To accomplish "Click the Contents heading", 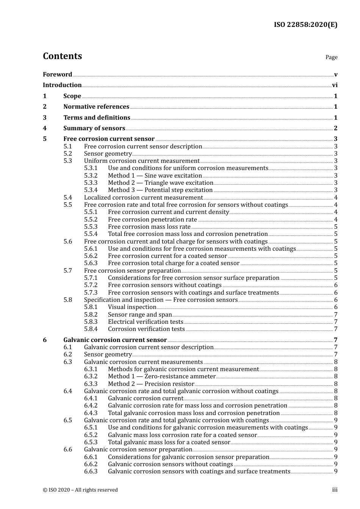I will coord(62,56).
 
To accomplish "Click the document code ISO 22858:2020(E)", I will coord(305,25).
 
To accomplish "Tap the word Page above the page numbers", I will coord(331,57).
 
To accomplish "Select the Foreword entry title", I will coord(57,75).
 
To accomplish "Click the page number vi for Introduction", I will coord(335,85).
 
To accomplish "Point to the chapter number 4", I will coord(45,128).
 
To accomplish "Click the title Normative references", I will coord(96,107).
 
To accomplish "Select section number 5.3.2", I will coord(91,176).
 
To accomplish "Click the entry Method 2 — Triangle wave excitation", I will coord(160,183).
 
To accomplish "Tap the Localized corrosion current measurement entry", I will coord(143,198).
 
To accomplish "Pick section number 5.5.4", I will coord(91,234).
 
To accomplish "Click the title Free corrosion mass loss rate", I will coord(149,227).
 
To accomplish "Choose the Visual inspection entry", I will coord(132,307).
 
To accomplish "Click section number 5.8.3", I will coord(91,322).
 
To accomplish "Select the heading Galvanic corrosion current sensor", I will coord(115,340).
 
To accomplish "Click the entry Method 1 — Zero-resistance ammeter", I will coord(161,376).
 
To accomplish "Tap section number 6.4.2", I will coord(91,406).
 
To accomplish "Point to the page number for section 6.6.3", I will coord(336,472).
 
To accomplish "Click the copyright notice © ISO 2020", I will coord(80,490).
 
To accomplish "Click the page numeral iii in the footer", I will coord(335,490).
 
